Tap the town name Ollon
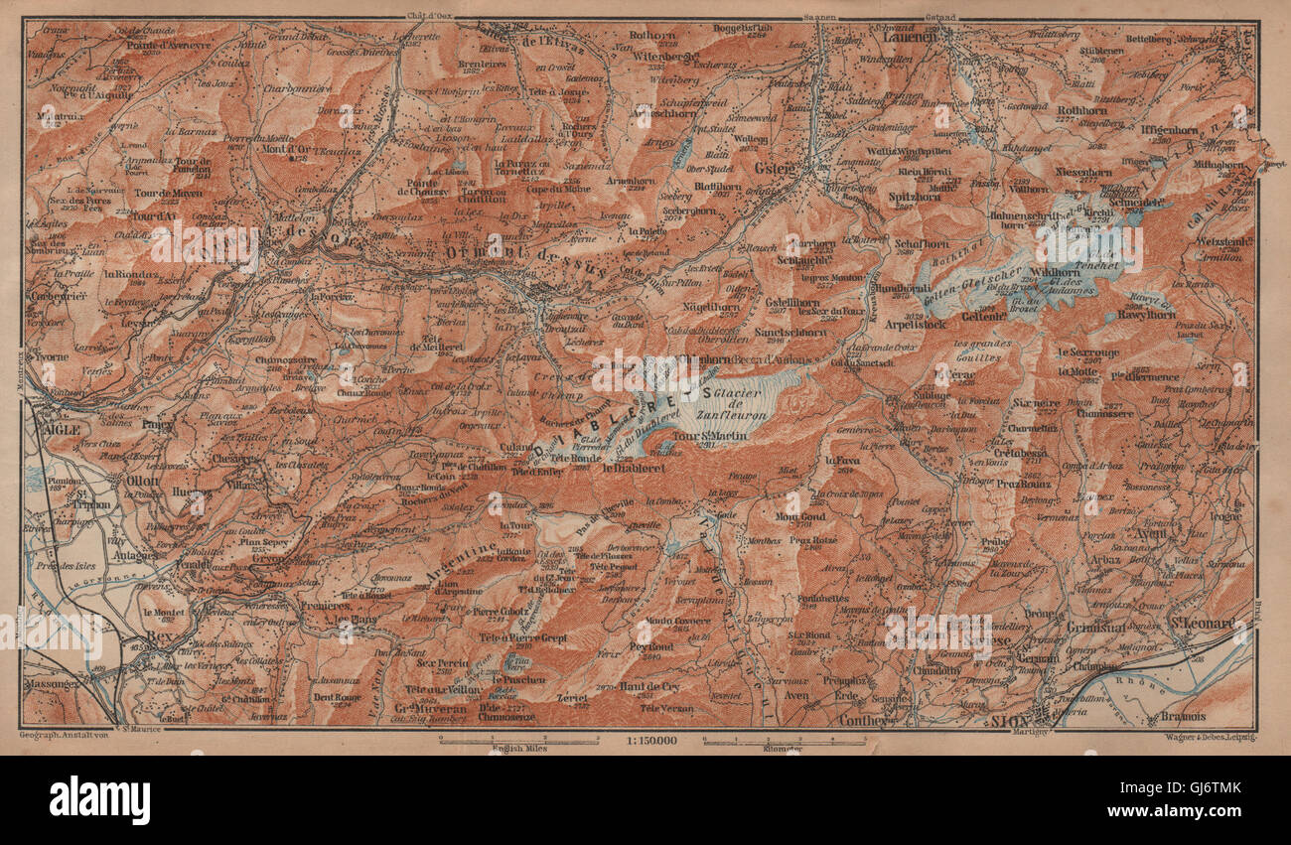[x=143, y=478]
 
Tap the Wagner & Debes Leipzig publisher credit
[x=1208, y=738]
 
